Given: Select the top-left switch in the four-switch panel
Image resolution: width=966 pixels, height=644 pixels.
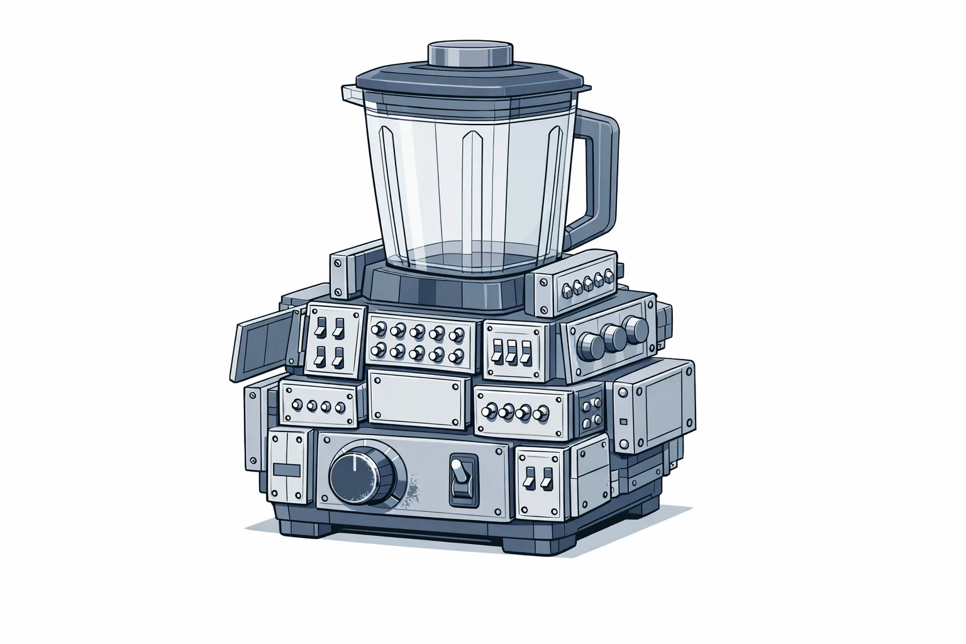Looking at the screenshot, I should (320, 327).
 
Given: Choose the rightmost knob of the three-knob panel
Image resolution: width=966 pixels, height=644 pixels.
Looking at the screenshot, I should (637, 328).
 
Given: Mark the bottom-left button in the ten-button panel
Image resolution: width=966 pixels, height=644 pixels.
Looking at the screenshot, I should (378, 350).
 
